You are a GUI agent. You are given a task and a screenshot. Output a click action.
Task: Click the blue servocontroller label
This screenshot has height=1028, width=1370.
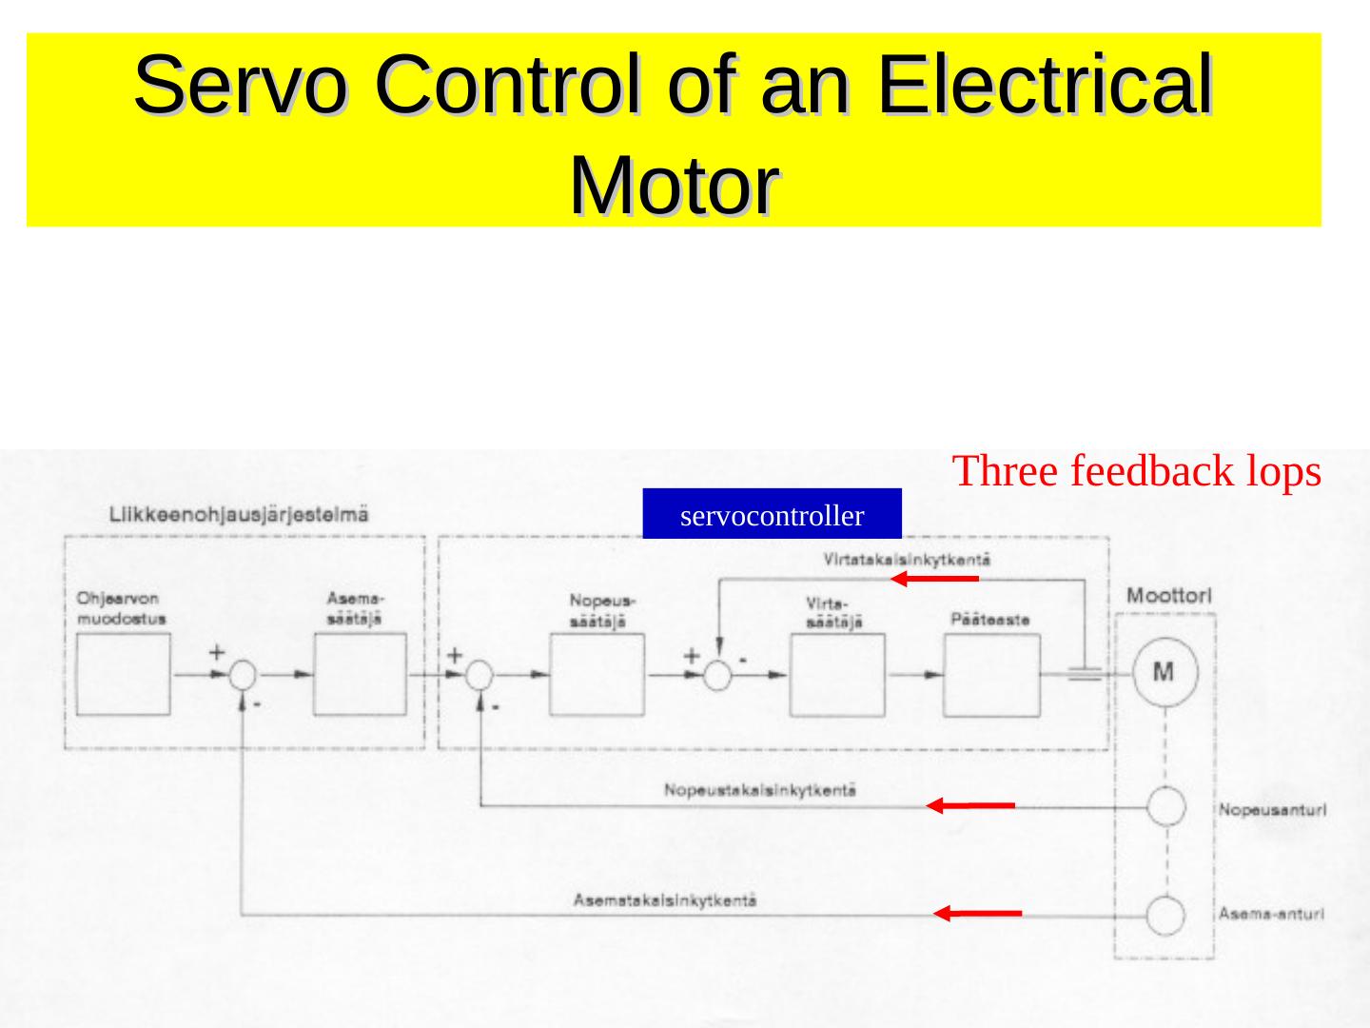coord(772,515)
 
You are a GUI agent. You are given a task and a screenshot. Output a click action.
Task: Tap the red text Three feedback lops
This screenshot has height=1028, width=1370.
coord(1136,471)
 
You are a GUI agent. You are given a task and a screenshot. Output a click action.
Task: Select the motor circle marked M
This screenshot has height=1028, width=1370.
coord(1163,673)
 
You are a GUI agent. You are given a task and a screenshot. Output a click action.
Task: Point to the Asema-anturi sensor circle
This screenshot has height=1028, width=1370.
coord(1165,917)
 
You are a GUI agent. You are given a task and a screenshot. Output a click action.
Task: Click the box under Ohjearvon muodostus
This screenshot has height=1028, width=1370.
coord(124,674)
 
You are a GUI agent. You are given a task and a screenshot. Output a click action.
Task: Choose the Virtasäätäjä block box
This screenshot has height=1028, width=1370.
coord(837,675)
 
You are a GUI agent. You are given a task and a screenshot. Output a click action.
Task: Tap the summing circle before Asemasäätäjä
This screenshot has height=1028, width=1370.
coord(244,675)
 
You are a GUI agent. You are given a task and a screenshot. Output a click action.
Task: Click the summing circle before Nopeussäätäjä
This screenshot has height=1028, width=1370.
coord(480,675)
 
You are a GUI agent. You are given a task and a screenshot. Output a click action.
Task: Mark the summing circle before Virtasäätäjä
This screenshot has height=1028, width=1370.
coord(717,675)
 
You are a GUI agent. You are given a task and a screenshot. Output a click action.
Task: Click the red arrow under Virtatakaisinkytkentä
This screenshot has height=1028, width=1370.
coord(935,579)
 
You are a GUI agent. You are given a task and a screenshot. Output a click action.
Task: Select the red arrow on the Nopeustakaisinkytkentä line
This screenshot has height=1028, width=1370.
coord(971,806)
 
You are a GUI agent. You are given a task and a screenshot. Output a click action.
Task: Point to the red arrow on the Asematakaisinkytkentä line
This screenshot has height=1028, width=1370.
coord(977,914)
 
